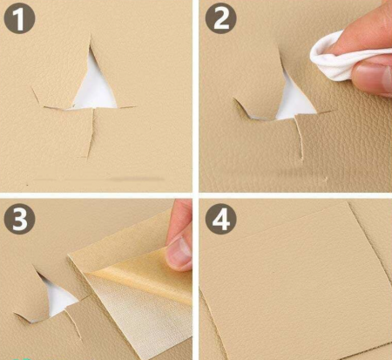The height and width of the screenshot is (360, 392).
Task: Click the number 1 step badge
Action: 19,18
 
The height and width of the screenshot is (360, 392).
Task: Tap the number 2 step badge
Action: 221,18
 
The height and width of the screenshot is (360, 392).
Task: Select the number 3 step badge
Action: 19,219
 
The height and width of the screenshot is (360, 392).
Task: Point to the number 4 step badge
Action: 221,219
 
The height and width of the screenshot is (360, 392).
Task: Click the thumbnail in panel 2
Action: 375,77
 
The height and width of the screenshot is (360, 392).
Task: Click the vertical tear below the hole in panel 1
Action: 91,132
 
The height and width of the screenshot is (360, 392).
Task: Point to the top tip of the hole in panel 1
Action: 91,36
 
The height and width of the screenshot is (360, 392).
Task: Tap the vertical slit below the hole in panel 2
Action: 299,138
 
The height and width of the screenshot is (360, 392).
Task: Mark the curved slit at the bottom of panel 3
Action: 74,323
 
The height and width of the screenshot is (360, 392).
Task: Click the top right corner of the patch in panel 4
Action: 348,202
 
